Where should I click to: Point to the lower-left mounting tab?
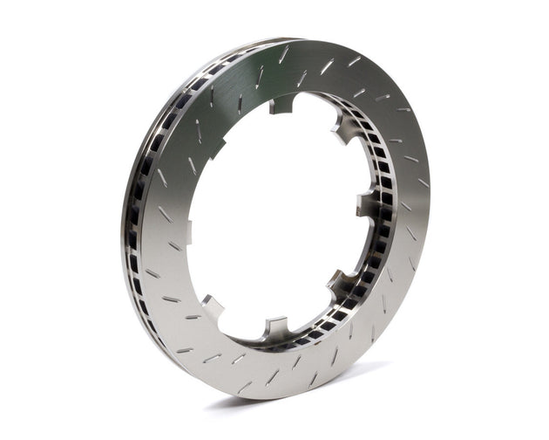(x=212, y=306)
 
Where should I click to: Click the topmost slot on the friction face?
(x=285, y=54)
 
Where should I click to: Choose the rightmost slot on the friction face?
(x=422, y=183)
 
